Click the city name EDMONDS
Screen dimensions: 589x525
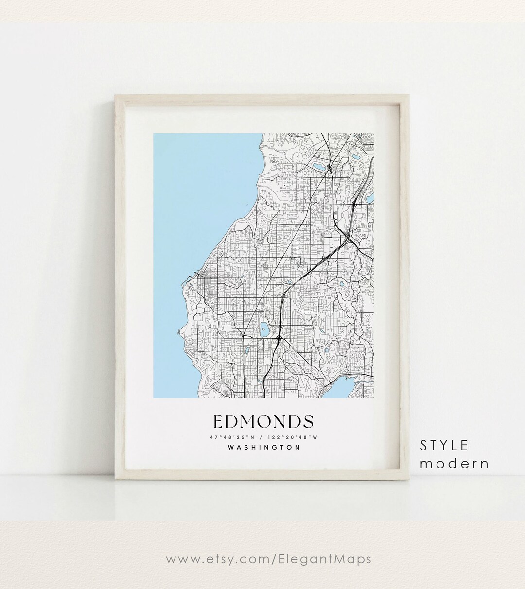263,421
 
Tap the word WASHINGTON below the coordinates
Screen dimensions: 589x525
263,447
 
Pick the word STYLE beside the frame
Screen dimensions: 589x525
444,445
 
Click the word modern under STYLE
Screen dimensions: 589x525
454,463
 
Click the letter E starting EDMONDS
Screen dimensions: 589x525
217,421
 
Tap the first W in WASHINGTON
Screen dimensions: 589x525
230,447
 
